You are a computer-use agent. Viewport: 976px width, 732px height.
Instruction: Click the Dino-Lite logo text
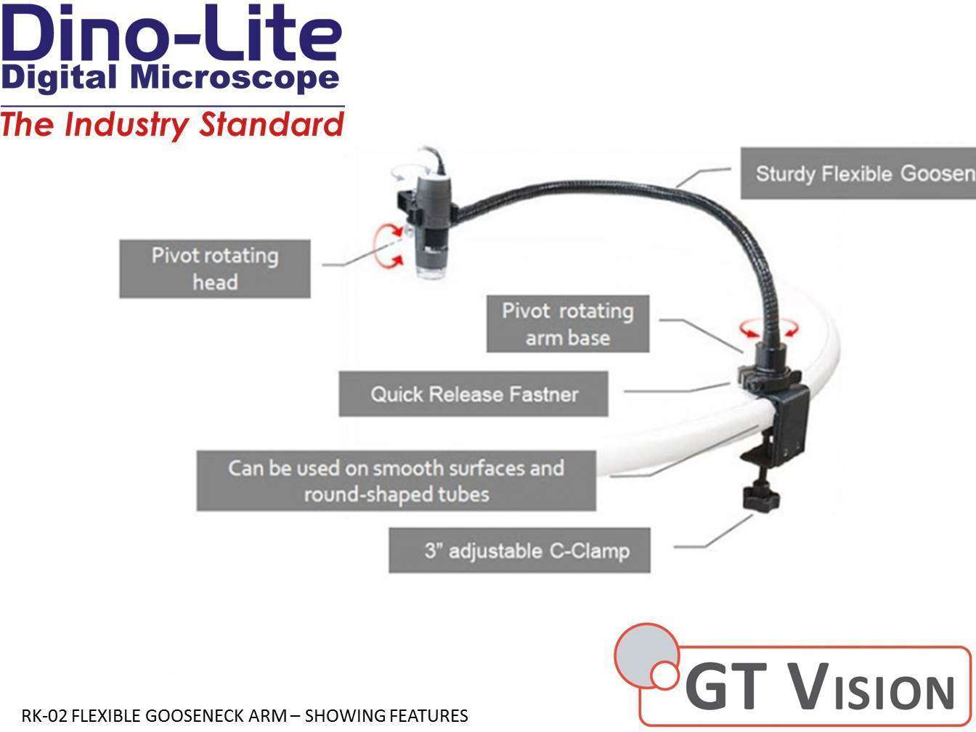(x=172, y=35)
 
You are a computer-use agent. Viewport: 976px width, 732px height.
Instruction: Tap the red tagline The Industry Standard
(x=172, y=125)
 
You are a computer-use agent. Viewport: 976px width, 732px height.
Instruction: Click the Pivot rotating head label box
(x=215, y=269)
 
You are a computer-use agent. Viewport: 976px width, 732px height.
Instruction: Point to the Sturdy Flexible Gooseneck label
(x=858, y=174)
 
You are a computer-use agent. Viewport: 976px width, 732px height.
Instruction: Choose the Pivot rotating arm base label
(x=567, y=324)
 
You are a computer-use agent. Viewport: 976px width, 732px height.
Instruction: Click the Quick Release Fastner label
(x=473, y=394)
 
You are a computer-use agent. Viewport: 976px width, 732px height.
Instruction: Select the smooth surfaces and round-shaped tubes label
(x=396, y=481)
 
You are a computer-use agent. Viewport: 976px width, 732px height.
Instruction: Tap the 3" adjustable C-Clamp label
(x=519, y=550)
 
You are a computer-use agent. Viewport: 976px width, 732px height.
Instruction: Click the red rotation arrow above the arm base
(x=769, y=330)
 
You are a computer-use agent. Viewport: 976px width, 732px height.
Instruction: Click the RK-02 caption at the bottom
(x=245, y=716)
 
